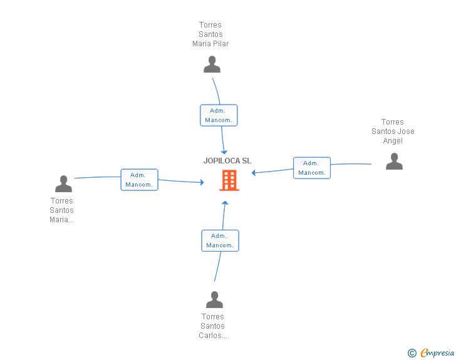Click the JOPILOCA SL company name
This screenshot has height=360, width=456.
[227, 161]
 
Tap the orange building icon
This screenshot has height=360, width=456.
[229, 180]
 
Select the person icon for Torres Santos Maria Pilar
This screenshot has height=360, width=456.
[212, 64]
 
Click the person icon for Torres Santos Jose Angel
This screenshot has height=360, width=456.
[394, 162]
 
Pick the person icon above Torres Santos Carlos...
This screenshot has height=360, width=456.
[214, 299]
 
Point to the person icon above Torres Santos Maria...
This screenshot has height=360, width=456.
[63, 184]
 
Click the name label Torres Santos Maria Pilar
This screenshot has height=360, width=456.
[210, 34]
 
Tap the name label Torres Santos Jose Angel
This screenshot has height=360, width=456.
[393, 131]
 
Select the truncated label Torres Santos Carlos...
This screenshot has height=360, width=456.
[213, 326]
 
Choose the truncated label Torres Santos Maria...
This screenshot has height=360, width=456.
[61, 210]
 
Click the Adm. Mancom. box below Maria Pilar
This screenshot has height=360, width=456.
[219, 115]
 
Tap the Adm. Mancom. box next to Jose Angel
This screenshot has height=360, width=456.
[312, 168]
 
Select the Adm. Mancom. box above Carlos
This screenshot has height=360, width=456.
[220, 241]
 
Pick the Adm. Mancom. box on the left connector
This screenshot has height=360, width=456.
[139, 180]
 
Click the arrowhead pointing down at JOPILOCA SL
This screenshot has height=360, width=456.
[224, 152]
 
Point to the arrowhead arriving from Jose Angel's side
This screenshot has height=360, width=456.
[254, 173]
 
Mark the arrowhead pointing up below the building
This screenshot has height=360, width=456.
[225, 203]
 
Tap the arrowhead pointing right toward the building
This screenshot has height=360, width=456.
[202, 182]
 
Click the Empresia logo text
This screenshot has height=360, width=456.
[437, 352]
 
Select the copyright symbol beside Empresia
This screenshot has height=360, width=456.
[412, 353]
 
